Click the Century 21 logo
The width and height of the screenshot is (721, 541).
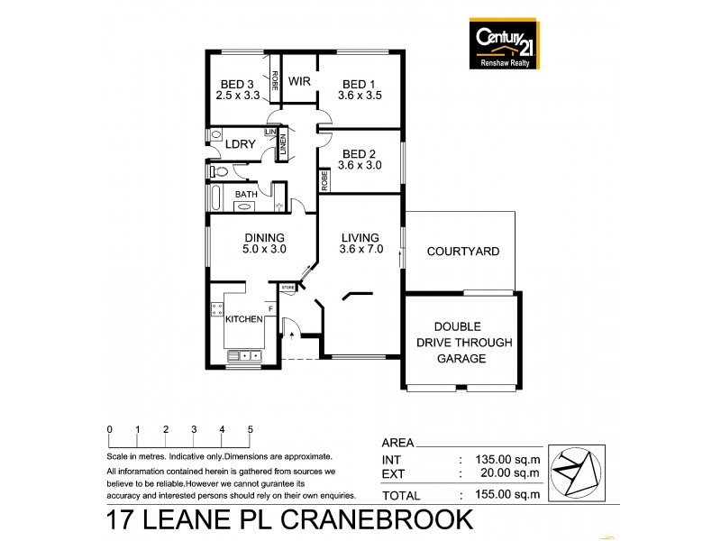(x=505, y=44)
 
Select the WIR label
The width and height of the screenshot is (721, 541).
(x=299, y=80)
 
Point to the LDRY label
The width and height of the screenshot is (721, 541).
(x=239, y=144)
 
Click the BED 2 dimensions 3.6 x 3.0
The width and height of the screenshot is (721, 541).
(x=360, y=165)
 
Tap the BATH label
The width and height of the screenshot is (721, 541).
(x=246, y=194)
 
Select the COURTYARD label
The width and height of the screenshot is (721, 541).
(x=463, y=252)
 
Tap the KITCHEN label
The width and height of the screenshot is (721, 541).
(x=243, y=319)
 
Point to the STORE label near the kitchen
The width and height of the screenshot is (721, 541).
(x=287, y=288)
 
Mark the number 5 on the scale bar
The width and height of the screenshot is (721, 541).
(x=250, y=429)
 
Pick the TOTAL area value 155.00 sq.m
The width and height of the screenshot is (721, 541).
(x=507, y=494)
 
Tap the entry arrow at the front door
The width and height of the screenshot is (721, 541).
(x=292, y=335)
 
